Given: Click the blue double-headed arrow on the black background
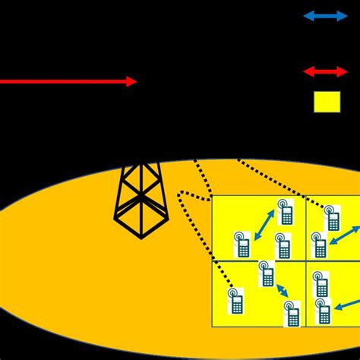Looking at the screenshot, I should click(x=325, y=16).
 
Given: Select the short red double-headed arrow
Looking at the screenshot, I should click(x=325, y=71).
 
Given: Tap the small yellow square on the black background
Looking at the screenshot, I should click(x=327, y=102).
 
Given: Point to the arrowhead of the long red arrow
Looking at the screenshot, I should click(x=131, y=81).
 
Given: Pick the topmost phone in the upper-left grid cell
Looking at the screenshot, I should click(x=286, y=213).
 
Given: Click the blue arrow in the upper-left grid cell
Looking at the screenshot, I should click(x=264, y=227).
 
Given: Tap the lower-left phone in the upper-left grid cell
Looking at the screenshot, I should click(x=243, y=245).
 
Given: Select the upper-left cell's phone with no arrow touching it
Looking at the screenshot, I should click(x=283, y=246).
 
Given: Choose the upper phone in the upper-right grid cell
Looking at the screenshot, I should click(x=332, y=218).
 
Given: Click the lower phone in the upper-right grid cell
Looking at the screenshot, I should click(x=320, y=245).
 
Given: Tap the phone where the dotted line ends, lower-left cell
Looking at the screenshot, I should click(x=236, y=301).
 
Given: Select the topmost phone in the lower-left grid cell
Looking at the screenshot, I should click(x=266, y=273).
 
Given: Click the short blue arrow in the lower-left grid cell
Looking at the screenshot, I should click(x=282, y=291).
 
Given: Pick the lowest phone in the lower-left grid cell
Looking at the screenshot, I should click(x=292, y=313).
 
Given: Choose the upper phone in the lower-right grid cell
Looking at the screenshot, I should click(x=321, y=285).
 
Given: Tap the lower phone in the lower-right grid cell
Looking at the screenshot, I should click(x=324, y=311).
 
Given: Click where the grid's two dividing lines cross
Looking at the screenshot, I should click(x=305, y=261).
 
